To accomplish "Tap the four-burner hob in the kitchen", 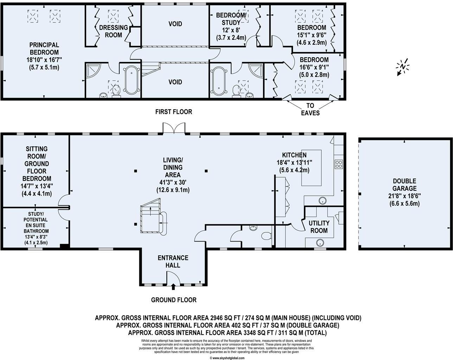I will point(339,164).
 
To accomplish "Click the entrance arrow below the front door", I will point(173,288).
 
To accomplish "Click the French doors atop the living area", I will point(173,128).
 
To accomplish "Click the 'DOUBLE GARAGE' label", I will point(404,185).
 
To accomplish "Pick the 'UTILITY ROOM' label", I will point(319,227).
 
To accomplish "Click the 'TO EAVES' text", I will point(310,109).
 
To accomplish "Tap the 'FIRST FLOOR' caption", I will point(174,112).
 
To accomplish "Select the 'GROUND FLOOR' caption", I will point(174,300).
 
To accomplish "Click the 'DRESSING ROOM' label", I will point(113,31).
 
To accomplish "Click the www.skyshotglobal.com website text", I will point(227,358).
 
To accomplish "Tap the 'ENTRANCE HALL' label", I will point(173,261).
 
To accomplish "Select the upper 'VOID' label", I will point(175,24).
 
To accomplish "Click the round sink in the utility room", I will point(320,242).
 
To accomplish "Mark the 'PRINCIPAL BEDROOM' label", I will point(44,49).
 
